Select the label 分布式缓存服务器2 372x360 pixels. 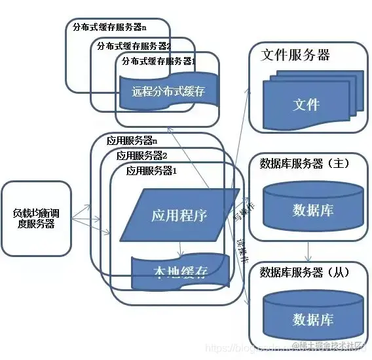pyautogui.click(x=134, y=46)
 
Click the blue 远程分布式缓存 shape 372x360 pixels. pyautogui.click(x=168, y=91)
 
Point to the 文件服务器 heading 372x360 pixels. pyautogui.click(x=295, y=54)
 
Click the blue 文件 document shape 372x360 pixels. pyautogui.click(x=306, y=104)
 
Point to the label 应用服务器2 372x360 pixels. pyautogui.click(x=141, y=155)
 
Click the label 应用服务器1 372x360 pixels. pyautogui.click(x=152, y=170)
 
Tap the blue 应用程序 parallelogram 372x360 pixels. pyautogui.click(x=179, y=215)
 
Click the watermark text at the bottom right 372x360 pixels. pyautogui.click(x=327, y=346)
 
